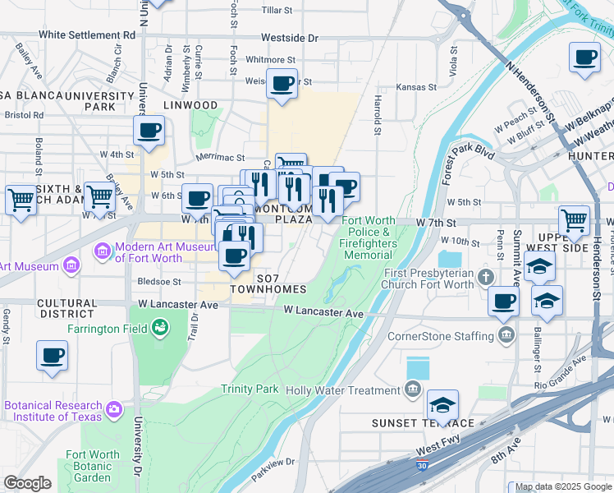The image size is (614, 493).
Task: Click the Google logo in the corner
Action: point(27,483)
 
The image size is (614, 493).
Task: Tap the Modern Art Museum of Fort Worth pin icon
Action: point(103,250)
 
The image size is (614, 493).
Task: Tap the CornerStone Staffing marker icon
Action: point(505,335)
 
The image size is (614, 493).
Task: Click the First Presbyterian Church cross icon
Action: point(486,274)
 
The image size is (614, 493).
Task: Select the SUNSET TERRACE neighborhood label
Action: point(423,423)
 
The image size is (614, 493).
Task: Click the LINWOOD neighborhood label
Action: point(190,105)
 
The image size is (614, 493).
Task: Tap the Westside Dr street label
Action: point(289,39)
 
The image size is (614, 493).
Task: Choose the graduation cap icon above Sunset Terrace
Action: point(442,404)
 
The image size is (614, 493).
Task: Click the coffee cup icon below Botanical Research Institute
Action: point(53,355)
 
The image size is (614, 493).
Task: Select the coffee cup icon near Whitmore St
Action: point(282,83)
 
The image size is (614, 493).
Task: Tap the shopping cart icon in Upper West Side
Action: point(574,219)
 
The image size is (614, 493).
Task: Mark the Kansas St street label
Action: point(416,87)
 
